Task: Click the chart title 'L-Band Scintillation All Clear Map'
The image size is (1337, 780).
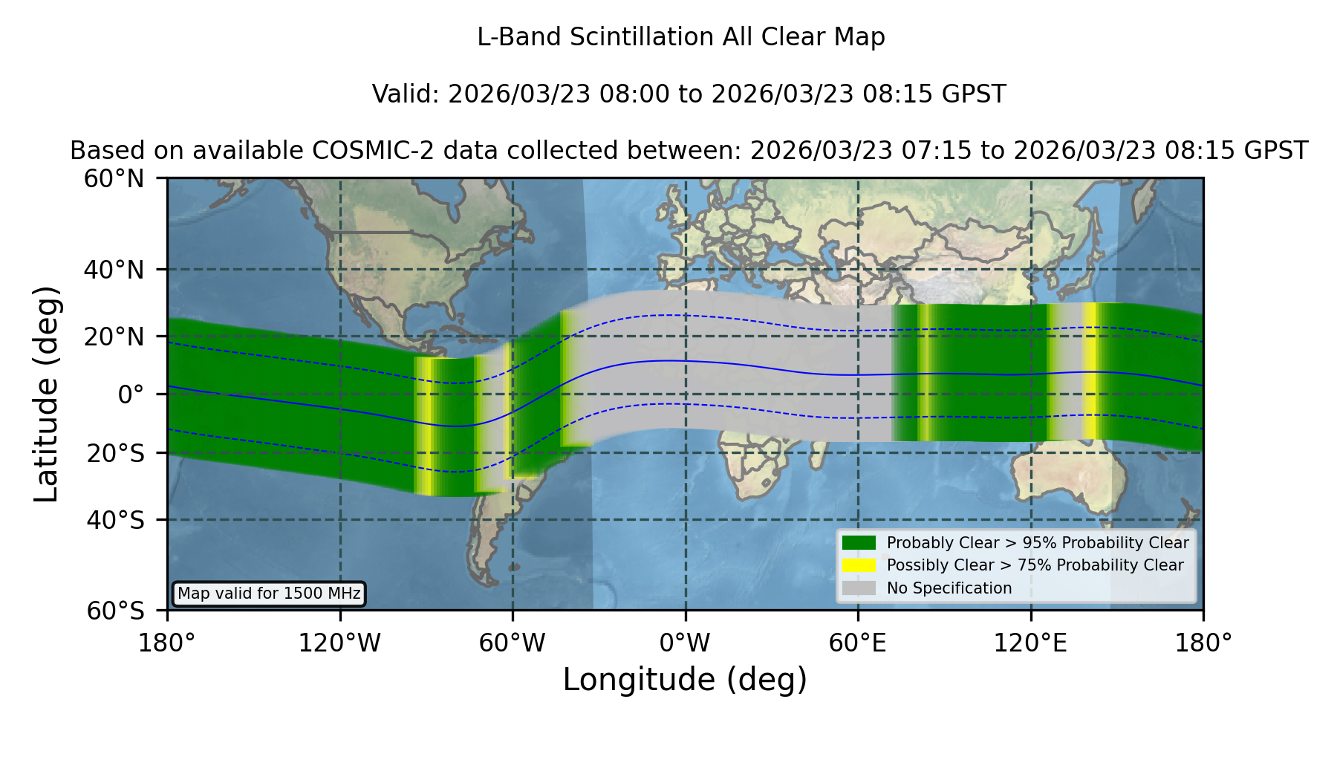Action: pyautogui.click(x=680, y=37)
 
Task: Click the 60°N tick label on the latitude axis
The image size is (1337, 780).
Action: pyautogui.click(x=114, y=179)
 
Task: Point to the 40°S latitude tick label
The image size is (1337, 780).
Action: pyautogui.click(x=115, y=520)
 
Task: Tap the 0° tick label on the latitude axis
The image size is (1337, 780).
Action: pyautogui.click(x=131, y=394)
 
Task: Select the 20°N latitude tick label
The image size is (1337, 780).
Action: pyautogui.click(x=114, y=337)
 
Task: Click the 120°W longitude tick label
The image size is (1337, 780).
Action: pyautogui.click(x=339, y=643)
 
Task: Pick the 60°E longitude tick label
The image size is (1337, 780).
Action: pyautogui.click(x=858, y=643)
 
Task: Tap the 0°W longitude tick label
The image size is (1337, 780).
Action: pyautogui.click(x=686, y=643)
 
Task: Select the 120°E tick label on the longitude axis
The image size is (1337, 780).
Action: pyautogui.click(x=1031, y=643)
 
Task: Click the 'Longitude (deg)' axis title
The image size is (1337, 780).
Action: pyautogui.click(x=685, y=680)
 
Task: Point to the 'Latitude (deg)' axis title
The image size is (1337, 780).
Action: pyautogui.click(x=46, y=394)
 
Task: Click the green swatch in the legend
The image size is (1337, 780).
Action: pyautogui.click(x=859, y=542)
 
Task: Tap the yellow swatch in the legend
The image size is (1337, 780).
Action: pyautogui.click(x=859, y=565)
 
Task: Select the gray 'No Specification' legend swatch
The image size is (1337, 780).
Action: pyautogui.click(x=859, y=588)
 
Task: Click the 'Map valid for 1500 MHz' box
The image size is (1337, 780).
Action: pyautogui.click(x=269, y=594)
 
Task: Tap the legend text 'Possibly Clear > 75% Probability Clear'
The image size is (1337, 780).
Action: pyautogui.click(x=1035, y=565)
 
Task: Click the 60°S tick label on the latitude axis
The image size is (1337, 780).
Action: pyautogui.click(x=115, y=611)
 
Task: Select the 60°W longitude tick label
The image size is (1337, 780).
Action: pyautogui.click(x=513, y=643)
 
